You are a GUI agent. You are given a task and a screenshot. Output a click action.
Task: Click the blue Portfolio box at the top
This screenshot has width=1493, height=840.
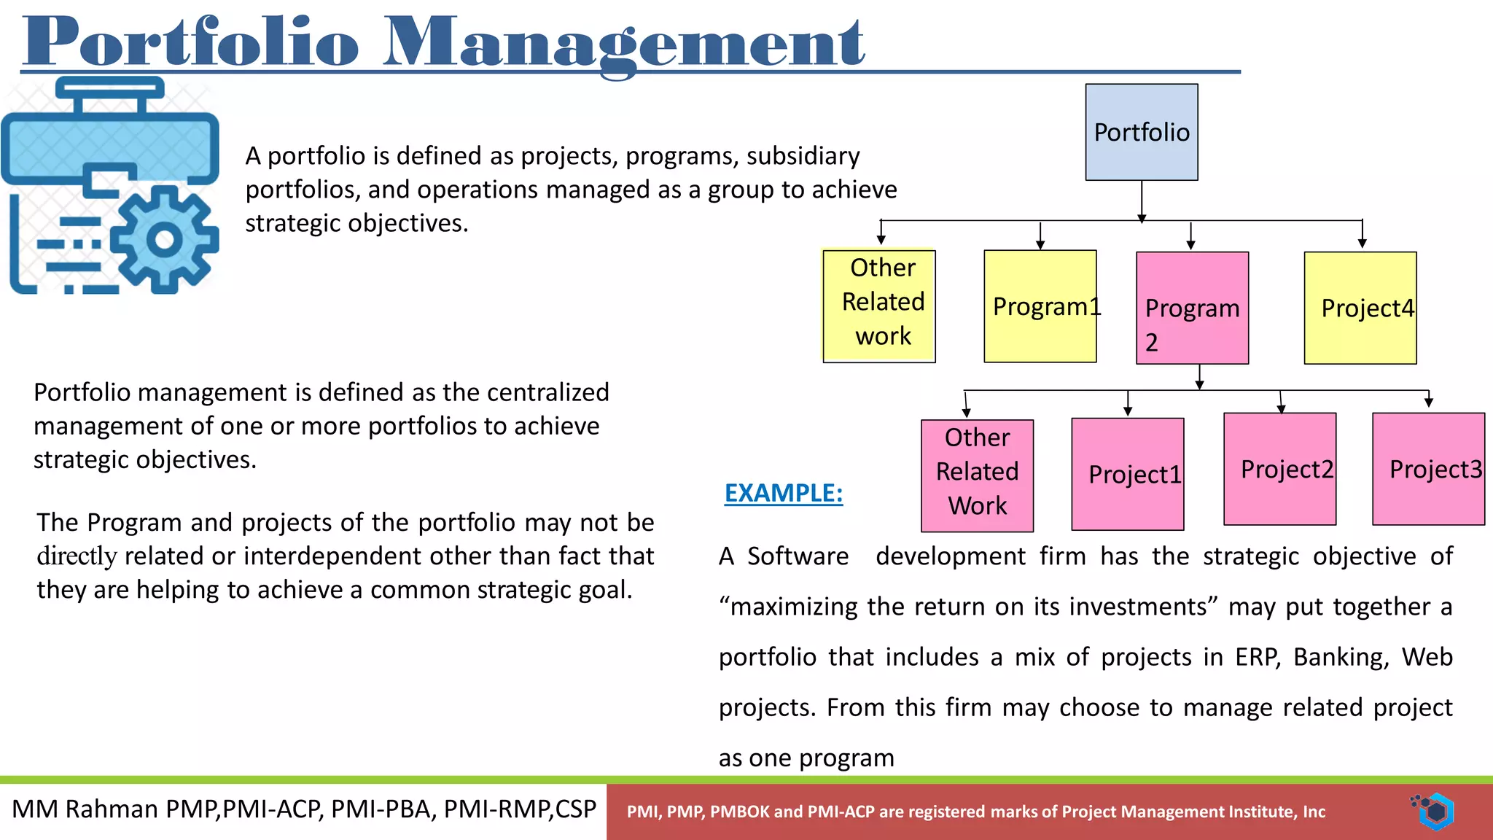[1141, 132]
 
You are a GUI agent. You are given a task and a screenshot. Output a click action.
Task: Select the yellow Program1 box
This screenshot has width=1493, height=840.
[1040, 306]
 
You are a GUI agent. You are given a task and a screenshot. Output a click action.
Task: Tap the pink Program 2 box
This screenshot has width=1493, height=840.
[1192, 308]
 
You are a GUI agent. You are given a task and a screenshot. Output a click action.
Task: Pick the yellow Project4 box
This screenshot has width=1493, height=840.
[1360, 308]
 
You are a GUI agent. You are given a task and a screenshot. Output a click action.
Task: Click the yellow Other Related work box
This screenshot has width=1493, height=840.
[878, 306]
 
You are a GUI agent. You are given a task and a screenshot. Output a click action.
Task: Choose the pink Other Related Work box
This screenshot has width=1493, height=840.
[977, 475]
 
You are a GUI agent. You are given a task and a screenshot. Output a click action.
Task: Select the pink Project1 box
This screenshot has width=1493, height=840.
[1127, 474]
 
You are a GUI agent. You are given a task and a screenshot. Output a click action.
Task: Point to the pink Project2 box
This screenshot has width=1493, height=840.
[1279, 469]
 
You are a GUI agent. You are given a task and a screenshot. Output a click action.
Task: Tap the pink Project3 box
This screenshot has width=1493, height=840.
[1428, 469]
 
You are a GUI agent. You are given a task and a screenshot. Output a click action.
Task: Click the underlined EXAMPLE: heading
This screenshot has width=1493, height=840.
[783, 493]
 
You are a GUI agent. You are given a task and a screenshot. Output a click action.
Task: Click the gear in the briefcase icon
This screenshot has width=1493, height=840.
[165, 240]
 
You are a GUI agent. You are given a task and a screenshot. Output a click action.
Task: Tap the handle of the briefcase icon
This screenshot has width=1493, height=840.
[110, 91]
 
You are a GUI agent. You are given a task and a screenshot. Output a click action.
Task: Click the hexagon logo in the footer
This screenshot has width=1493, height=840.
[1436, 812]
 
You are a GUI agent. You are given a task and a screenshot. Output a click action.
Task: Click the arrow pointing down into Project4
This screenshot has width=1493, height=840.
[1362, 237]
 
